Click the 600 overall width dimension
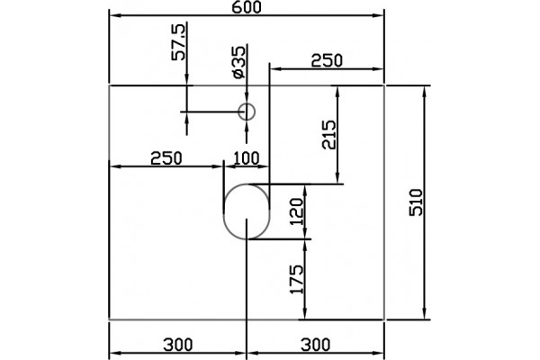247,7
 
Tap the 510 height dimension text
416,202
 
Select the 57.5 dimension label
179,42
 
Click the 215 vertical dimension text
328,134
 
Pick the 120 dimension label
297,211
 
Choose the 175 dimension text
297,279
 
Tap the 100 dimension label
247,158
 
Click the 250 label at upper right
327,61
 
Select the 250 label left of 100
166,158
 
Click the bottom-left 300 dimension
178,345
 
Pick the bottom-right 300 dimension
316,345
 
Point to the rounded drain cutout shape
224,211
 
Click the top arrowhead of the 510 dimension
425,90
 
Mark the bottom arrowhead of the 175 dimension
305,315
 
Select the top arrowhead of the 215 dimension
337,90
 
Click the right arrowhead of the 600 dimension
379,15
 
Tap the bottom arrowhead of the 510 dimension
425,315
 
